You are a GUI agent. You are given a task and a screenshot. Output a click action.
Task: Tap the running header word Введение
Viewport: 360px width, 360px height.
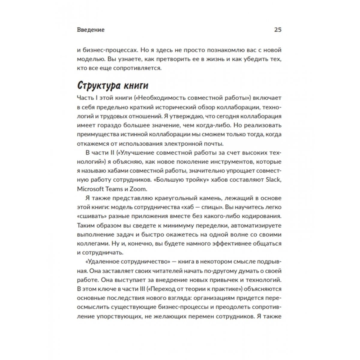(x=91, y=30)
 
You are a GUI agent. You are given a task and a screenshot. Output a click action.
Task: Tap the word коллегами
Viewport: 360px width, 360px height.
(x=91, y=243)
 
